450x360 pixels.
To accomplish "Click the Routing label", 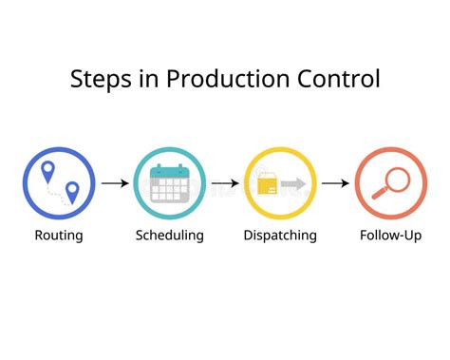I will (x=59, y=235).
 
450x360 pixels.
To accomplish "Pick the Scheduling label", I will (x=170, y=235).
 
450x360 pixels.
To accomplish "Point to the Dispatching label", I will (x=280, y=235).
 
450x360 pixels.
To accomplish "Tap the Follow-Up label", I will (x=390, y=235).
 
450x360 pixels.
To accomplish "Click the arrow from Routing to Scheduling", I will (x=114, y=183).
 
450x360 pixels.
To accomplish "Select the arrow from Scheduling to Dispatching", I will (x=225, y=183).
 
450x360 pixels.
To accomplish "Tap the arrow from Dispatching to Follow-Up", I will (x=335, y=183).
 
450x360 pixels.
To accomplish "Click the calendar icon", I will (x=170, y=183).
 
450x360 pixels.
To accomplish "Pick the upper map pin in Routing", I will (x=47, y=172).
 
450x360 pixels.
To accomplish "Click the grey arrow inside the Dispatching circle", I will (x=293, y=182).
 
